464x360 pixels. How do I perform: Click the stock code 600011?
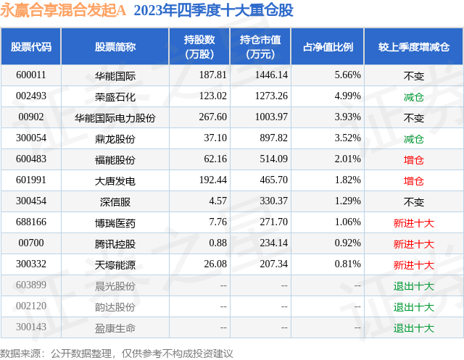[x=31, y=75]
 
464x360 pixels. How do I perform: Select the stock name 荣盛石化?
[x=115, y=96]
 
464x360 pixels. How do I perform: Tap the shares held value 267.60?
[x=212, y=117]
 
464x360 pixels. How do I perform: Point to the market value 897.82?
[x=274, y=138]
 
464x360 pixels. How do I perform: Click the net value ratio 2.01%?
[x=348, y=159]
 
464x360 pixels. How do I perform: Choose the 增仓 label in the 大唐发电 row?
[x=414, y=180]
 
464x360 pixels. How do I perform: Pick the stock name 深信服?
[x=115, y=201]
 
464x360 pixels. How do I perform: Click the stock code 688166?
[x=31, y=222]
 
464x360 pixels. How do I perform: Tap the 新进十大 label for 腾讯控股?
[x=414, y=243]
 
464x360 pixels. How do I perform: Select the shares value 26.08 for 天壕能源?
[x=215, y=264]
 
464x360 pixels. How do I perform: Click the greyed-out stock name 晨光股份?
[x=115, y=285]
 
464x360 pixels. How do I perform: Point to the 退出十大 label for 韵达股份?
[x=414, y=307]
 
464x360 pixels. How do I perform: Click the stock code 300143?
[x=31, y=327]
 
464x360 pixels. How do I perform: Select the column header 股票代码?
[x=31, y=46]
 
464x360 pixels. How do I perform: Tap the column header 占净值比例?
[x=328, y=46]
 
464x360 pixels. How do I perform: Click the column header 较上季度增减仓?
[x=414, y=46]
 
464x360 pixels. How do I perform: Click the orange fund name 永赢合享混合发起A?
[x=63, y=10]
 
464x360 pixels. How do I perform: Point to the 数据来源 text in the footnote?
[x=20, y=353]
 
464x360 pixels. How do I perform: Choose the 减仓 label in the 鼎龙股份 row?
[x=414, y=138]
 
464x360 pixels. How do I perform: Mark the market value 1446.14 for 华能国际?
[x=271, y=75]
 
